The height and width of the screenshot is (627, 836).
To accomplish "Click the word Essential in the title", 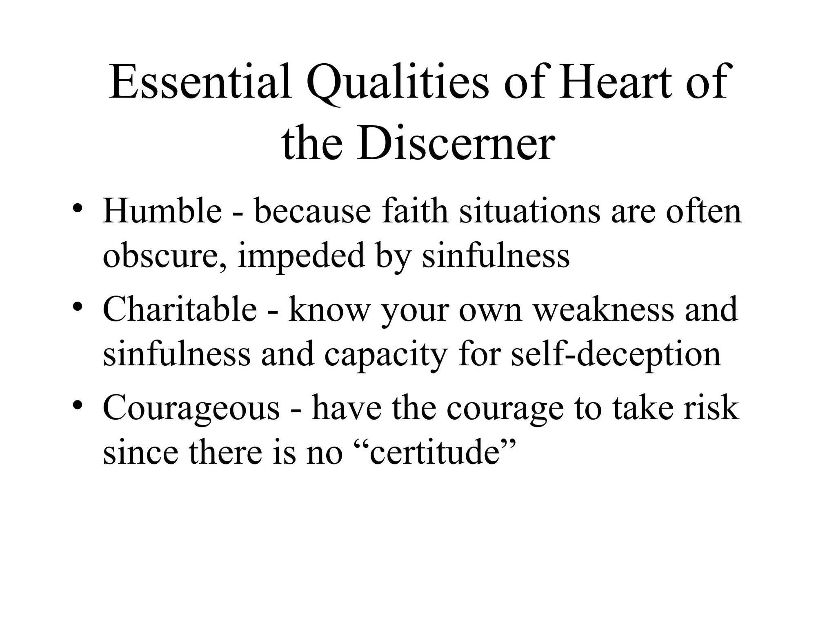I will click(200, 82).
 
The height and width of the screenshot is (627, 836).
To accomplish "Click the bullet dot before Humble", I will click(77, 209).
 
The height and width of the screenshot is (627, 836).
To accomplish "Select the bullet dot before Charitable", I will click(77, 307).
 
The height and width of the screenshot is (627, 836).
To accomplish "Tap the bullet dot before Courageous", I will click(77, 405).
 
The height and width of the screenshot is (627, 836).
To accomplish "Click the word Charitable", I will click(180, 309).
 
